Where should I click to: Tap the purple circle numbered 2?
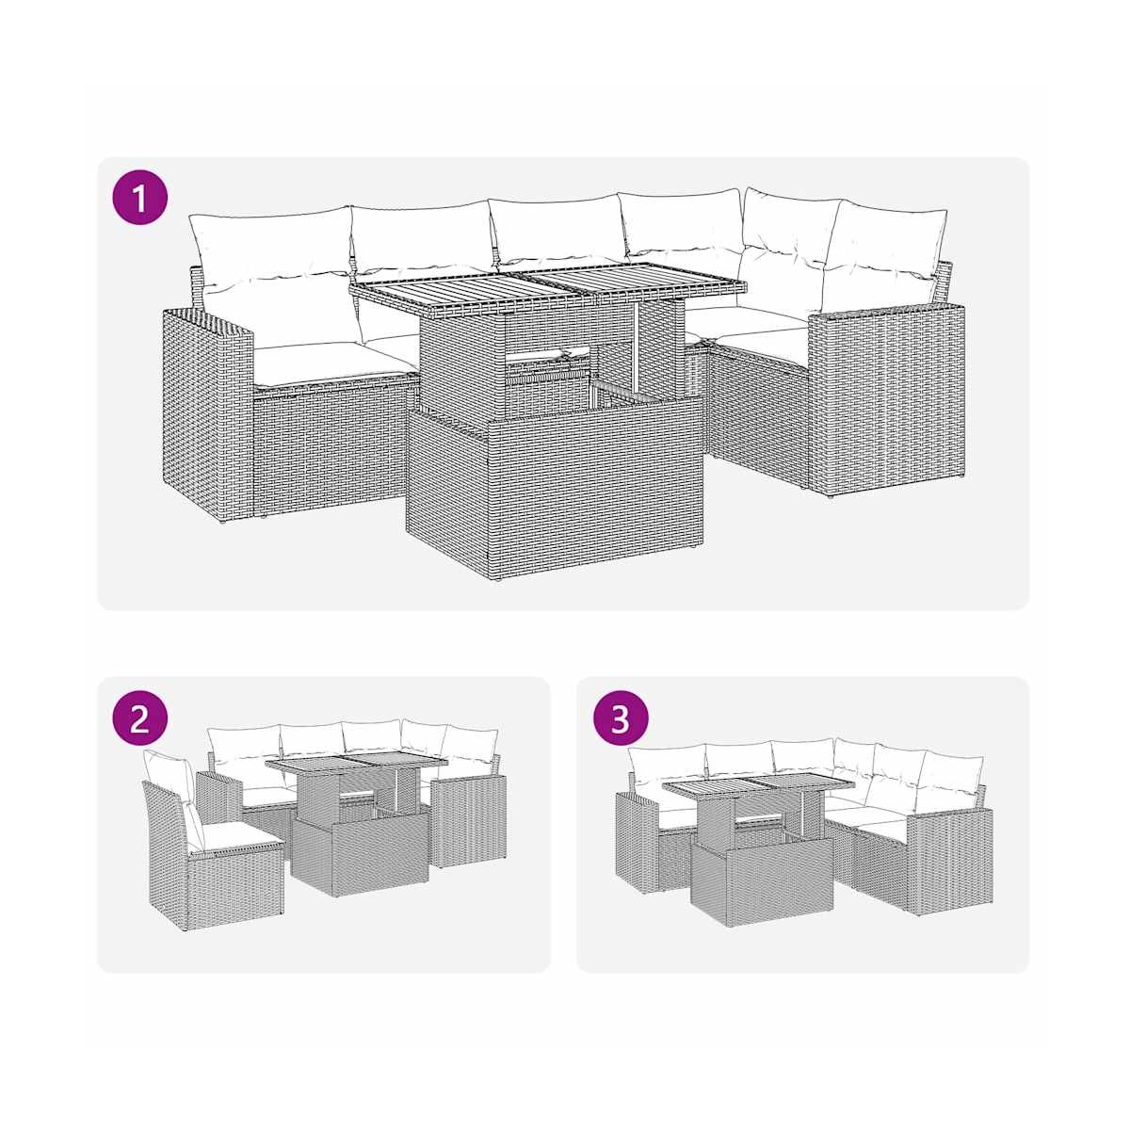pyautogui.click(x=140, y=720)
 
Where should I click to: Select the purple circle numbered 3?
pyautogui.click(x=620, y=720)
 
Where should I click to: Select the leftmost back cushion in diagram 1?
pyautogui.click(x=271, y=252)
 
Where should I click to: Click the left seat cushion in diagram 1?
pyautogui.click(x=334, y=363)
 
